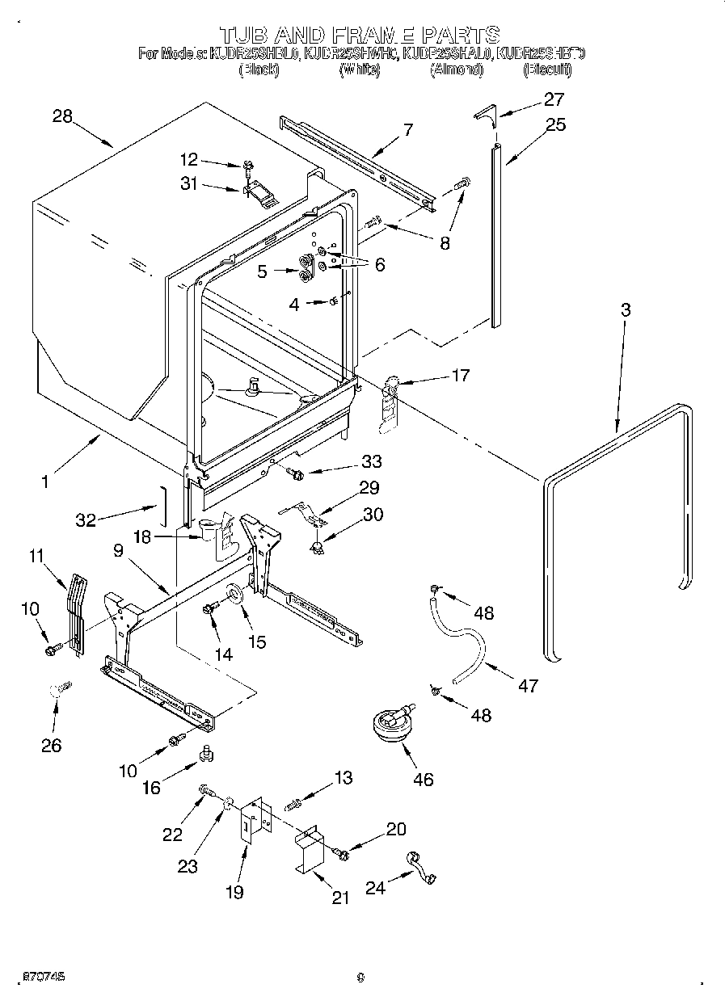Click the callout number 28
tap(62, 116)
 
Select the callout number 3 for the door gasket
tap(626, 309)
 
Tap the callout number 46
tap(423, 779)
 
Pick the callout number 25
tap(555, 124)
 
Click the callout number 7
tap(407, 129)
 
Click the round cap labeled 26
tap(57, 690)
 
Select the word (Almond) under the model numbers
tap(457, 70)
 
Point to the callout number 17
tap(459, 375)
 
